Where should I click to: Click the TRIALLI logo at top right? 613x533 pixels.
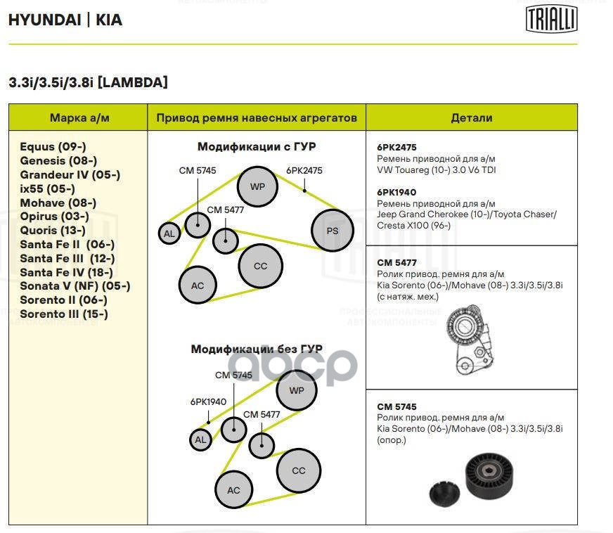pyautogui.click(x=552, y=19)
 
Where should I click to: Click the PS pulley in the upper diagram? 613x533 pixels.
pyautogui.click(x=333, y=231)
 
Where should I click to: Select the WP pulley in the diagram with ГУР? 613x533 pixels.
pyautogui.click(x=258, y=186)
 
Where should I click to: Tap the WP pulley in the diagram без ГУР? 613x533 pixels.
pyautogui.click(x=297, y=390)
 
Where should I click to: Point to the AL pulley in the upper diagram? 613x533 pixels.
pyautogui.click(x=169, y=233)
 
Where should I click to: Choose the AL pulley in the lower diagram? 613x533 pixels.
pyautogui.click(x=201, y=440)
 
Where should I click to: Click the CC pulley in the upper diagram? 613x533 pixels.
pyautogui.click(x=260, y=266)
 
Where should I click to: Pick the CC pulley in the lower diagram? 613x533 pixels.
pyautogui.click(x=299, y=470)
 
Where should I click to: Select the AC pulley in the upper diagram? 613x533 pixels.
pyautogui.click(x=198, y=285)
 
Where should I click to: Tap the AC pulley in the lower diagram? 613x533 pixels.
pyautogui.click(x=234, y=490)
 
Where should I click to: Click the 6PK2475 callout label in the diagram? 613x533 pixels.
pyautogui.click(x=304, y=171)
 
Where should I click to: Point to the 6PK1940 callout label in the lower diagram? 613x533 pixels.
pyautogui.click(x=208, y=402)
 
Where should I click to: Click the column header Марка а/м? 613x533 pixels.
pyautogui.click(x=79, y=117)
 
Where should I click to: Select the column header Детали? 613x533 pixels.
pyautogui.click(x=471, y=117)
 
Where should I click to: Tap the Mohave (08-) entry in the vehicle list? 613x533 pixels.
pyautogui.click(x=58, y=203)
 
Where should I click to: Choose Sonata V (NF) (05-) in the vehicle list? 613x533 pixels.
pyautogui.click(x=75, y=286)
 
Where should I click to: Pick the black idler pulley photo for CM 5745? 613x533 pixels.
pyautogui.click(x=489, y=482)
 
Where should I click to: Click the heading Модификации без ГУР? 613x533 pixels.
pyautogui.click(x=257, y=349)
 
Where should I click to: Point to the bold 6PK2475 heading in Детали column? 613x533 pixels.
pyautogui.click(x=397, y=148)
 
